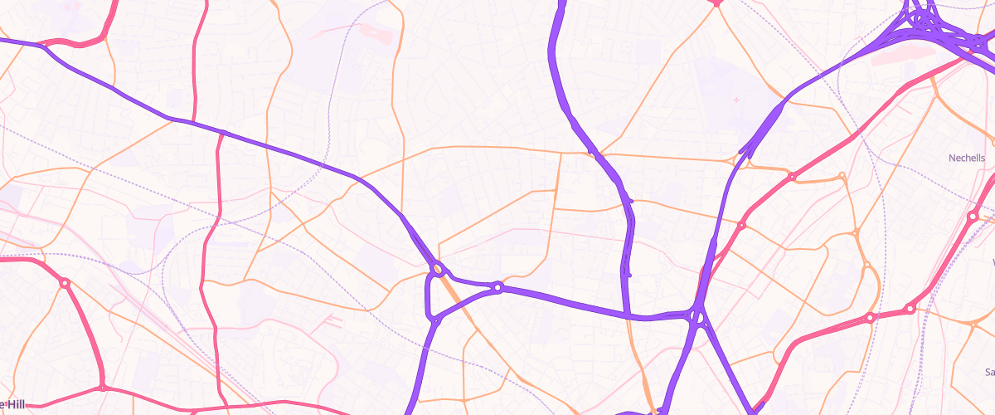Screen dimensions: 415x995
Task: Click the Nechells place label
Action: pos(967,158)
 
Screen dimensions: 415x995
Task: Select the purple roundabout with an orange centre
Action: pos(437,268)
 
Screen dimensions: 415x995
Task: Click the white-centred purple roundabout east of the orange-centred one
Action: pos(498,288)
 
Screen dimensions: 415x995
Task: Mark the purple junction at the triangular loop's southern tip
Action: pos(434,320)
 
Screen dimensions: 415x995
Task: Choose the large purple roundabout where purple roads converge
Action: pos(696,315)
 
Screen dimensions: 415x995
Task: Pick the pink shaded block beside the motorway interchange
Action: pos(904,56)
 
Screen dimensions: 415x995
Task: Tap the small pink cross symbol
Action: pos(736,100)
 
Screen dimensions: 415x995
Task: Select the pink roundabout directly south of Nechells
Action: pos(973,217)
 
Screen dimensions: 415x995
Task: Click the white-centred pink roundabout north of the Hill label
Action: pos(64,283)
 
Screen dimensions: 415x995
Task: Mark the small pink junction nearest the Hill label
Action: pos(102,387)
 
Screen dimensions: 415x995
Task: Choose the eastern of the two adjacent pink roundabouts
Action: pos(910,310)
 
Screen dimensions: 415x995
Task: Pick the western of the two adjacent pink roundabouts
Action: pos(870,318)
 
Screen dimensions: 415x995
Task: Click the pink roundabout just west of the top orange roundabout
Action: pos(792,177)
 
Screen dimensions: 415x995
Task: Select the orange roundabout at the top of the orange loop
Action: pos(842,176)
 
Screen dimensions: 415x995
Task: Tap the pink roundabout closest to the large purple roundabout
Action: pos(741,225)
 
